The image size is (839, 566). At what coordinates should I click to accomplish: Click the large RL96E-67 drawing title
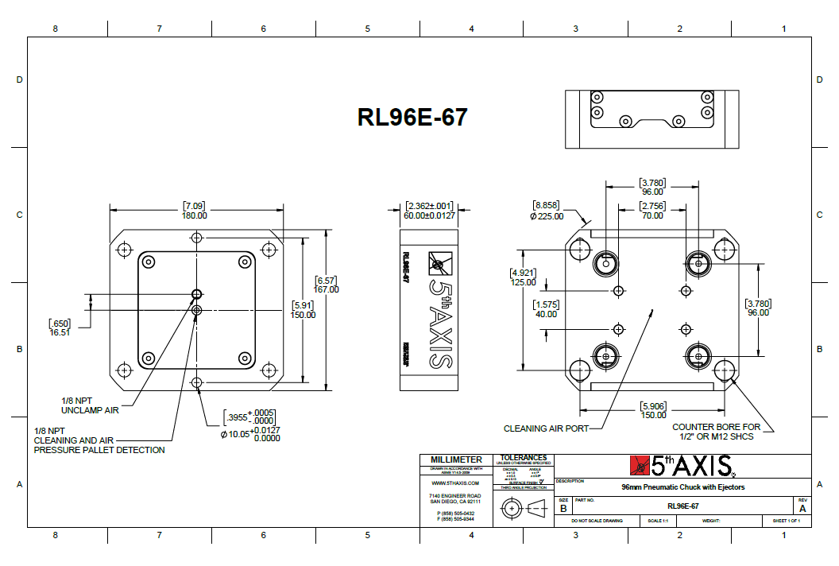pyautogui.click(x=412, y=117)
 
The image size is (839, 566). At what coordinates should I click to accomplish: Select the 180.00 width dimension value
pyautogui.click(x=195, y=215)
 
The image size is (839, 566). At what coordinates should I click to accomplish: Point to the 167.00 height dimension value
pyautogui.click(x=327, y=289)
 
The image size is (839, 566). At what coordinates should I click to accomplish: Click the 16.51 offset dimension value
pyautogui.click(x=60, y=333)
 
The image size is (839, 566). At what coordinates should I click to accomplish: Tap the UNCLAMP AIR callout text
pyautogui.click(x=91, y=409)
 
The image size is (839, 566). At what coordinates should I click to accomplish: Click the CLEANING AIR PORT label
pyautogui.click(x=547, y=428)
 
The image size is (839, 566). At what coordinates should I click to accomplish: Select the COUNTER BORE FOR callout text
pyautogui.click(x=716, y=427)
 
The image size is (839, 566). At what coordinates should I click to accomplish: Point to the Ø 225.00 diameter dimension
pyautogui.click(x=547, y=215)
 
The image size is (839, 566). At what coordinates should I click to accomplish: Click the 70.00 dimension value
pyautogui.click(x=652, y=215)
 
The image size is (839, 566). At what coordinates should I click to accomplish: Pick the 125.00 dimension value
pyautogui.click(x=522, y=282)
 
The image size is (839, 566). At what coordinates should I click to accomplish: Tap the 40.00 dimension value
pyautogui.click(x=546, y=314)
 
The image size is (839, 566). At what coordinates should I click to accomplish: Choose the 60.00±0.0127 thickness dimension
pyautogui.click(x=430, y=215)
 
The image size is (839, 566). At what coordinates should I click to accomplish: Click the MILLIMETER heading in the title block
pyautogui.click(x=456, y=460)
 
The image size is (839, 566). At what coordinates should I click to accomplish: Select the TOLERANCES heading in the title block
pyautogui.click(x=524, y=458)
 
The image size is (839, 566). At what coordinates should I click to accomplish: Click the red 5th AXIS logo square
pyautogui.click(x=640, y=465)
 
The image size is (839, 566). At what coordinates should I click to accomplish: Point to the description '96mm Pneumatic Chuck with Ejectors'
pyautogui.click(x=683, y=487)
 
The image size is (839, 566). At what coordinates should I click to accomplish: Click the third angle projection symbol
pyautogui.click(x=524, y=507)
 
